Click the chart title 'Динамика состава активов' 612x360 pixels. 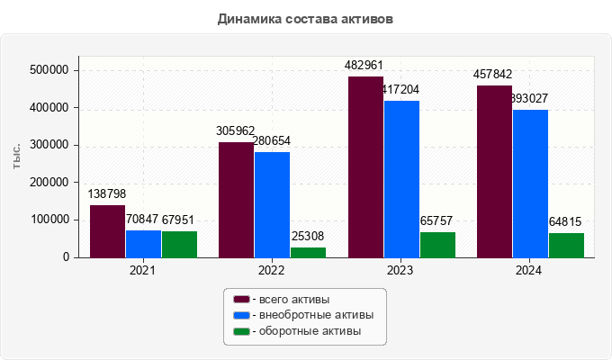[305, 18]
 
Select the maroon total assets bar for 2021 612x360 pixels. [107, 231]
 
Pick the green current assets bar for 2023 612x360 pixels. [437, 245]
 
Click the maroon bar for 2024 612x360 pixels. [494, 171]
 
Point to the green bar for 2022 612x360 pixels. [308, 252]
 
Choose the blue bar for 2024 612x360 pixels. [530, 184]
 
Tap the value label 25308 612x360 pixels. [308, 237]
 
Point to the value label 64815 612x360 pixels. [566, 221]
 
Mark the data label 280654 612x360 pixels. [272, 141]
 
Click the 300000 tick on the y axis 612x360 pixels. [51, 145]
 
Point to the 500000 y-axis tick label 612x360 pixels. [51, 70]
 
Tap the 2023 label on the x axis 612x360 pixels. [401, 270]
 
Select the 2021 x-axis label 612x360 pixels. [143, 270]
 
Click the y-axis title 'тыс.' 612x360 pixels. [17, 156]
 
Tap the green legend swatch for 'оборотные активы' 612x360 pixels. [241, 331]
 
